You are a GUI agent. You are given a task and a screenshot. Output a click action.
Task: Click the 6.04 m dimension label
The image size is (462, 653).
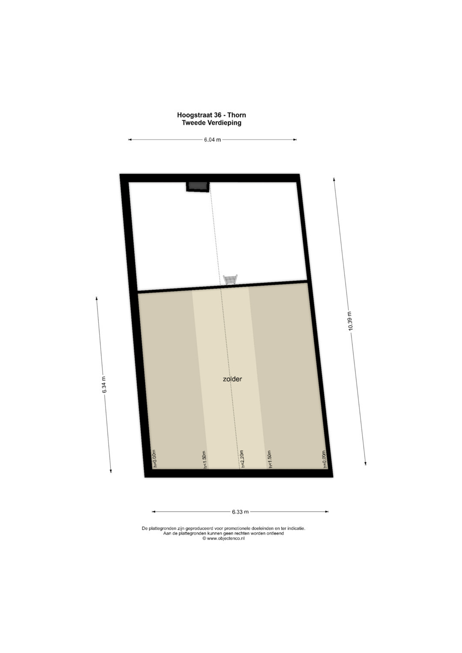point(212,140)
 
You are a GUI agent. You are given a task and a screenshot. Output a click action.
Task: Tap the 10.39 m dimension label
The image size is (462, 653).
point(350,321)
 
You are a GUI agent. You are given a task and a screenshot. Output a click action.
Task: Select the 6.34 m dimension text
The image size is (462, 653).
point(104,385)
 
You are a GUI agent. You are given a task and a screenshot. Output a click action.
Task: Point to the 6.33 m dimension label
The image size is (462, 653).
point(240,511)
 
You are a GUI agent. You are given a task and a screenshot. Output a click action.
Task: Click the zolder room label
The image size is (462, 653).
point(232,379)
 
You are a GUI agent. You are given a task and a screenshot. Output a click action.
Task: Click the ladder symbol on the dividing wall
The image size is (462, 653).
point(230,280)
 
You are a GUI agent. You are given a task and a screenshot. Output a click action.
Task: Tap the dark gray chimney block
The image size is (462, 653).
point(198,186)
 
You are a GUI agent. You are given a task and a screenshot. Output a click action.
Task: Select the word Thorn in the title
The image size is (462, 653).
point(237,115)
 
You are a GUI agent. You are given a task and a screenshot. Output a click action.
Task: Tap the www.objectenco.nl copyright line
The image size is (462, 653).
point(223,538)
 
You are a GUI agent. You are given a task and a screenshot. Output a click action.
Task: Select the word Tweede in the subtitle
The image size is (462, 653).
point(194,122)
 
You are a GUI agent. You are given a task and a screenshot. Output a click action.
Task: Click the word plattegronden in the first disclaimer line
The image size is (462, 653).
point(162,528)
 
